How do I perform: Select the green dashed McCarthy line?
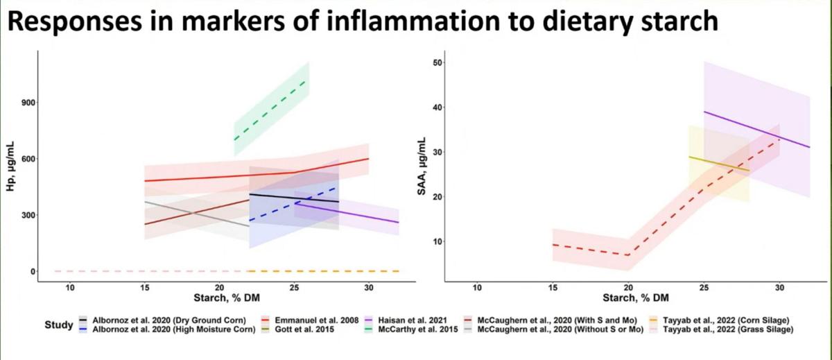click(x=271, y=110)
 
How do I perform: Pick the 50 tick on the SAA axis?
click(x=437, y=63)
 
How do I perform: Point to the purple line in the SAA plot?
click(x=756, y=129)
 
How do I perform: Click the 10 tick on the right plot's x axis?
click(x=476, y=287)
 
